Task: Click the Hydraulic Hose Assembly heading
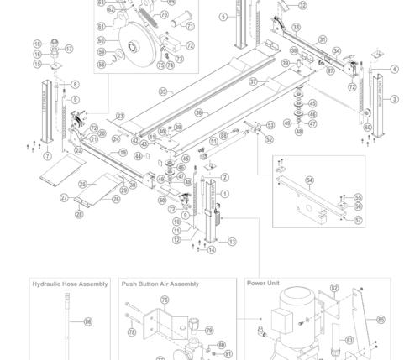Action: pos(70,284)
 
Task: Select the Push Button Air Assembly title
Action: pos(160,284)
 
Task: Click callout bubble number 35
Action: pos(163,91)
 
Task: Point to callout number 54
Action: pos(309,180)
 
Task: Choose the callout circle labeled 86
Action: pos(87,321)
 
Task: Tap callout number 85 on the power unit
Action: pos(381,319)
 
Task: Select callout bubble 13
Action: pos(233,242)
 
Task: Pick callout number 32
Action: pos(302,5)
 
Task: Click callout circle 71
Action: pos(190,26)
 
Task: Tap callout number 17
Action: pos(69,49)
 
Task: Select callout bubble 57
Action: pos(358,221)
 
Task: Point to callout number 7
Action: pos(47,156)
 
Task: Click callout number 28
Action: pos(79,214)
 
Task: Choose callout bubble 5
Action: pos(223,17)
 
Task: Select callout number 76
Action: pos(165,300)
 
